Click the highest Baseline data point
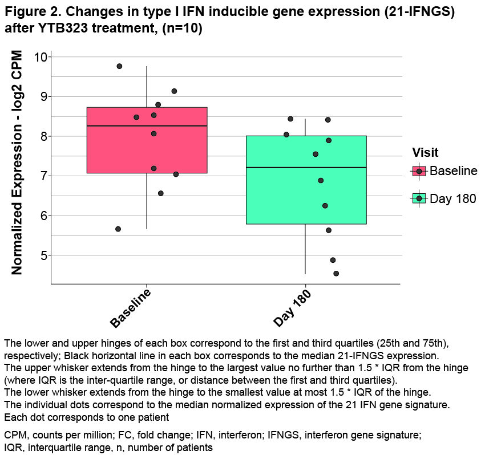pyautogui.click(x=119, y=66)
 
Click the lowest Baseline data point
pyautogui.click(x=118, y=229)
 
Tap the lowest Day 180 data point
pyautogui.click(x=336, y=274)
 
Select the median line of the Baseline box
pyautogui.click(x=147, y=126)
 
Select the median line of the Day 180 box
pyautogui.click(x=306, y=168)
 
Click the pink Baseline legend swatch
pyautogui.click(x=419, y=171)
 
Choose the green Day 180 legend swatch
pyautogui.click(x=419, y=198)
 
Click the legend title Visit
pyautogui.click(x=426, y=152)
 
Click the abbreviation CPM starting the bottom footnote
pyautogui.click(x=14, y=436)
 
